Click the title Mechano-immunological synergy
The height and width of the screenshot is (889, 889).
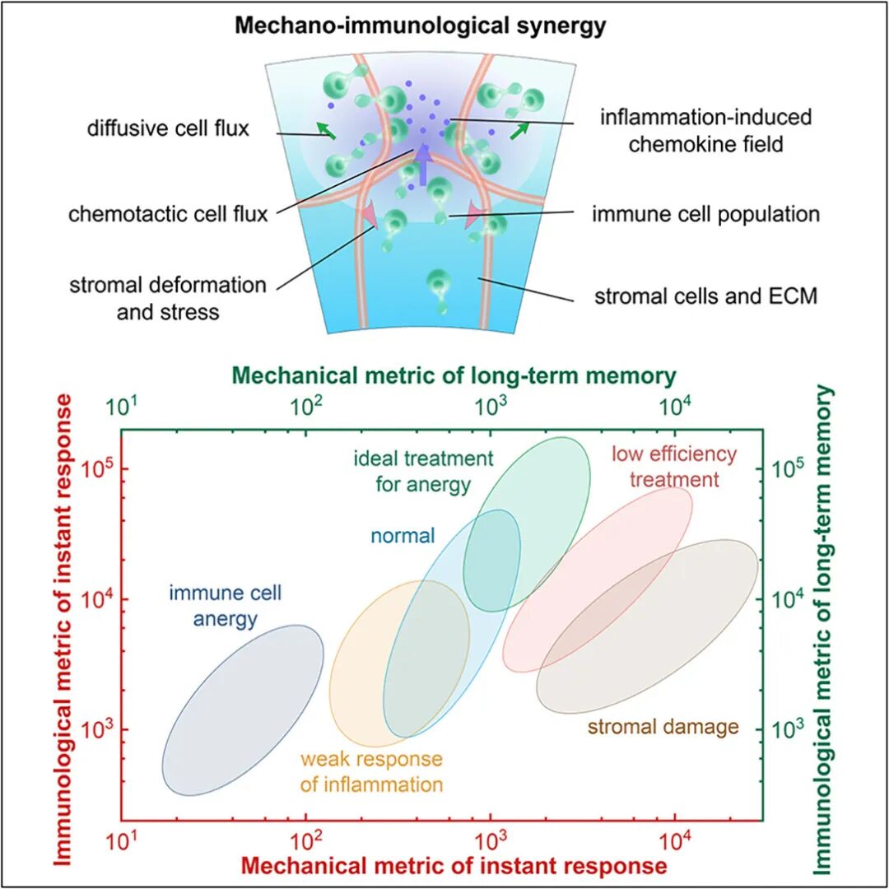(421, 26)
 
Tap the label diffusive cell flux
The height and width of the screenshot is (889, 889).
(169, 129)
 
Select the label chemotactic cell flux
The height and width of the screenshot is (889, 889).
(169, 214)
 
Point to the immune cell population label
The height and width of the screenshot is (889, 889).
(705, 214)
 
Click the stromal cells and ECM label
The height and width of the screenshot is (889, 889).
(705, 296)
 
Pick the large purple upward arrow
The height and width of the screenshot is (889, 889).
(422, 164)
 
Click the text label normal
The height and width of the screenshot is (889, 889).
(403, 536)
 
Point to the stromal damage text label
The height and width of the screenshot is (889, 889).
(663, 727)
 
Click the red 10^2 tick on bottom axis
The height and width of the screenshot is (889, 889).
(305, 840)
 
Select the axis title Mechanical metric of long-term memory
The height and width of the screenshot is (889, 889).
(453, 376)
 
